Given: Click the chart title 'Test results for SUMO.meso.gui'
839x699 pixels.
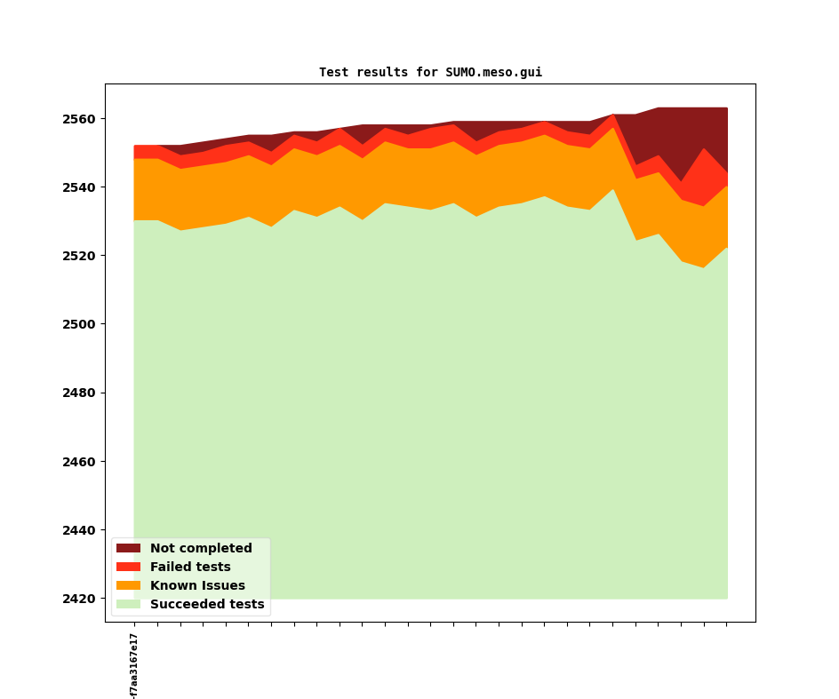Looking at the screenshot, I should [x=430, y=72].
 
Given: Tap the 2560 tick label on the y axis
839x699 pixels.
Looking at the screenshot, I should [x=79, y=119].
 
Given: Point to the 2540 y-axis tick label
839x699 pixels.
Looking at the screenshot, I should [x=79, y=187].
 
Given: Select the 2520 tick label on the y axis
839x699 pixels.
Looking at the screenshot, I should [x=79, y=256].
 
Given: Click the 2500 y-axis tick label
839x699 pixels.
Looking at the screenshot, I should [x=79, y=324].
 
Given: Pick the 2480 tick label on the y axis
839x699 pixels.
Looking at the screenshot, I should [x=79, y=393].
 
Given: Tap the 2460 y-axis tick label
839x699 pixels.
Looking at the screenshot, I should [x=79, y=462].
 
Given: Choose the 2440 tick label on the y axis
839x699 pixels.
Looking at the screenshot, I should [x=79, y=530].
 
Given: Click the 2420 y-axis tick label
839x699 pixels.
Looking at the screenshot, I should [x=79, y=599].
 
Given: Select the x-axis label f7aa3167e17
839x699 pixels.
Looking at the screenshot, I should [x=133, y=665].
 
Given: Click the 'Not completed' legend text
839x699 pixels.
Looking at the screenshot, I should [x=201, y=549].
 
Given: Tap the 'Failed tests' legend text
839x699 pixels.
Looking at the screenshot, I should [x=190, y=568].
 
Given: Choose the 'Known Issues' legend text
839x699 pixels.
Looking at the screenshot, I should [x=197, y=586].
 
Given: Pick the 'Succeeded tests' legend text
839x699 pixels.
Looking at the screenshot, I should [x=207, y=605].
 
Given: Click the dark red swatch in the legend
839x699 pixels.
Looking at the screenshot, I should [x=128, y=549].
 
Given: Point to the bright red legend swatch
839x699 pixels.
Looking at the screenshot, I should [x=128, y=568].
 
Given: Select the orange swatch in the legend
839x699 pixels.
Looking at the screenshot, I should [x=128, y=586].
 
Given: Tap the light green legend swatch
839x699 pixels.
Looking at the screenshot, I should [x=128, y=605].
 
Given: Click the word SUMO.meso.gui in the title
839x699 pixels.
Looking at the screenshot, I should [x=493, y=72].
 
